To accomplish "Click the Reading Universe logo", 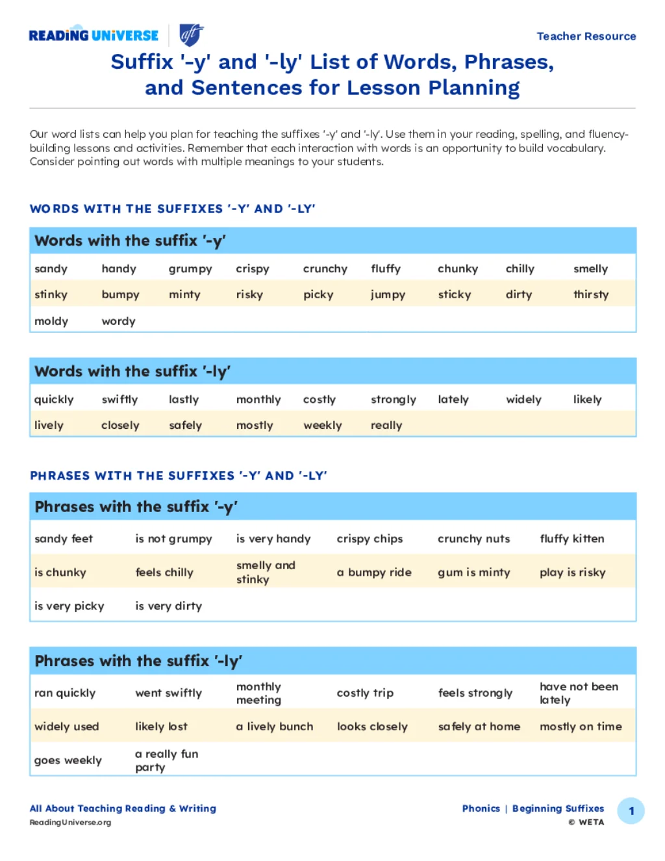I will point(94,35).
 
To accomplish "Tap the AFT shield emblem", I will point(191,34).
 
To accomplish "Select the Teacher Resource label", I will point(586,36).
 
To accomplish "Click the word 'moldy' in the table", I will point(51,321).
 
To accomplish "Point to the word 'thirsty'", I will point(591,294).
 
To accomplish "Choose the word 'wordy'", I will point(118,321).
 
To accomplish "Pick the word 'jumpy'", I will point(388,294).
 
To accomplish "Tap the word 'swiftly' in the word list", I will point(119,400).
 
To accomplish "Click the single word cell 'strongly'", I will point(393,400).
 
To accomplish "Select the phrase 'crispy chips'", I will point(370,539).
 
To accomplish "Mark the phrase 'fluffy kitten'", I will point(571,539).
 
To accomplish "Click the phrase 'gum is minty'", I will point(473,572).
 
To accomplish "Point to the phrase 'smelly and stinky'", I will point(266,572).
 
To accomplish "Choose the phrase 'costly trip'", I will point(365,693).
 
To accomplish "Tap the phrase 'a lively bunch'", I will point(274,726).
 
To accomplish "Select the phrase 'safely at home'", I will point(479,726).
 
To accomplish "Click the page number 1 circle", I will point(631,811).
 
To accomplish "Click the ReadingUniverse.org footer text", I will point(70,823).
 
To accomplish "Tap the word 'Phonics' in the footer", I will point(481,808).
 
